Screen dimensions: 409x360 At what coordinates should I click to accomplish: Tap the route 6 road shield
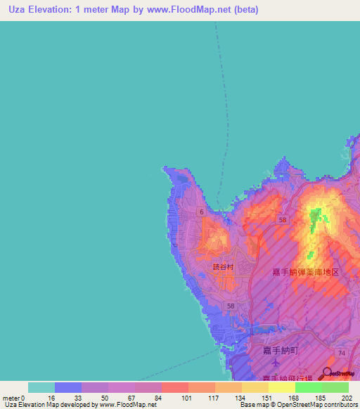[x=201, y=212]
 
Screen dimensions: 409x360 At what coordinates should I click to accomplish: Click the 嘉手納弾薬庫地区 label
[x=306, y=271]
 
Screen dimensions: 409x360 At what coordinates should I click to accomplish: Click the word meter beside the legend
[x=11, y=398]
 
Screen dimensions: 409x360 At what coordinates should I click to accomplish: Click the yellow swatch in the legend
[x=281, y=387]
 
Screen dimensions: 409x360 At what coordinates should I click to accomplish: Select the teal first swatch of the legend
[x=41, y=387]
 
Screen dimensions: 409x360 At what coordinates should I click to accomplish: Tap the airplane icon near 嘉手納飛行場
[x=275, y=365]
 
